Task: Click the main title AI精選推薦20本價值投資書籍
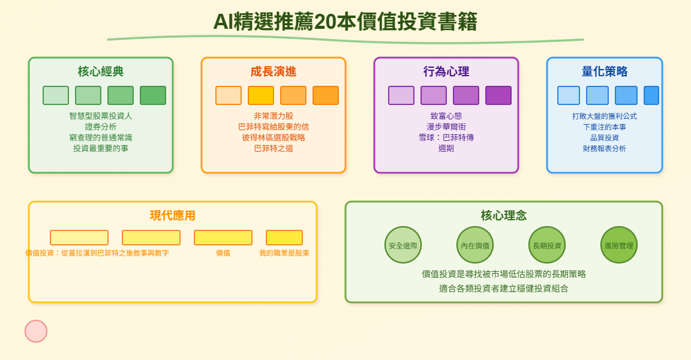coord(345,22)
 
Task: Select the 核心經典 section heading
coord(101,71)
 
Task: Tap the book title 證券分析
coord(101,127)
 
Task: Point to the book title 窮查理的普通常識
coord(101,137)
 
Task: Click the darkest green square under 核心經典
coord(153,95)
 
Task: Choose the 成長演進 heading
coord(274,71)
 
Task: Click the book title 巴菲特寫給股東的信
coord(274,127)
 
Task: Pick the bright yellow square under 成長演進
coord(261,95)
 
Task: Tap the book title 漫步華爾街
coord(446,127)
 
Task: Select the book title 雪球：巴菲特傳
coord(446,137)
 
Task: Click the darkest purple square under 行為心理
coord(498,95)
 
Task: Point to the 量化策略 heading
coord(605,71)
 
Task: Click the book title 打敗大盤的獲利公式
coord(605,116)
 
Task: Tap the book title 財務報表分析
coord(605,148)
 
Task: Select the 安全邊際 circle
coord(403,245)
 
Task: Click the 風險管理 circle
coord(619,245)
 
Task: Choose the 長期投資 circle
coord(547,245)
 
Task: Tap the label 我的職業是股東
coord(284,253)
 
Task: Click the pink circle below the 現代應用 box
coord(36,331)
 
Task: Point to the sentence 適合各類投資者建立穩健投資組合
coord(504,289)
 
